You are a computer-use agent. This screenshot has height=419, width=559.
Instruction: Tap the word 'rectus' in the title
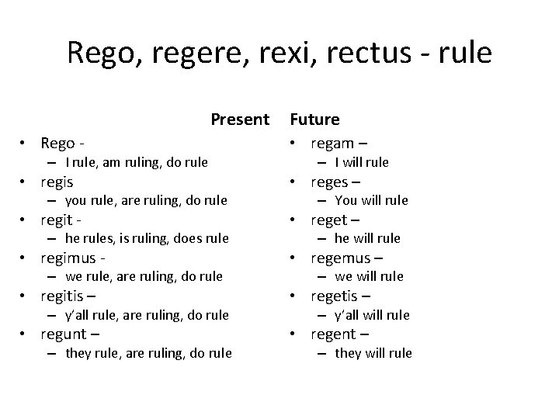385,54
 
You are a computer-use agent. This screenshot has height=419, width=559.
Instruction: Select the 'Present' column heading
239,119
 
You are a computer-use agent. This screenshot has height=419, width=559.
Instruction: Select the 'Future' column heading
314,119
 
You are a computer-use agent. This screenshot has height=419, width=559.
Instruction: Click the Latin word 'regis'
57,182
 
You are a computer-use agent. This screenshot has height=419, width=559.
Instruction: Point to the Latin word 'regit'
56,220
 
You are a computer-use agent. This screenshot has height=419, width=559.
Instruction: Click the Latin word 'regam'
332,144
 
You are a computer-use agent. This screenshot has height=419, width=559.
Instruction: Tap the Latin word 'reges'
330,182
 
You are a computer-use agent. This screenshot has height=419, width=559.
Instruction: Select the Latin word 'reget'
329,220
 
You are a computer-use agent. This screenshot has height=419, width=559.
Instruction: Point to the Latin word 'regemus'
342,258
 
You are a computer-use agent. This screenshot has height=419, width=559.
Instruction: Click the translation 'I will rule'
362,162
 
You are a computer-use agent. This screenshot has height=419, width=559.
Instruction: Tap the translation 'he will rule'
367,238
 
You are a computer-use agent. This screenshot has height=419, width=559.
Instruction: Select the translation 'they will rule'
373,353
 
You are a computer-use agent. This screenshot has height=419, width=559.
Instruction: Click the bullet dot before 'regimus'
25,258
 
